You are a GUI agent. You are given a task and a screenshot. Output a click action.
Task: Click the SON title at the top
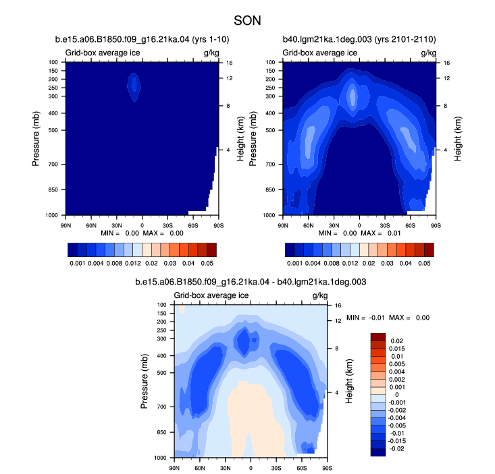tap(247, 21)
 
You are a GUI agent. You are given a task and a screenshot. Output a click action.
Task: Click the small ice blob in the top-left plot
tap(134, 87)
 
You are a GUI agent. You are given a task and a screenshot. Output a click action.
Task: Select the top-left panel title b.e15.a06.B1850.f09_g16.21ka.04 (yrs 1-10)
tap(142, 39)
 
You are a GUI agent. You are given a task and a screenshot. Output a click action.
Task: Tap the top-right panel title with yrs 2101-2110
tap(359, 39)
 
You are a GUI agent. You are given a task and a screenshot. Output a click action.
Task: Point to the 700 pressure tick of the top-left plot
tap(53, 165)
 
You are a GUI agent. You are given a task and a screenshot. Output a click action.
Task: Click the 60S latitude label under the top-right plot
tap(411, 226)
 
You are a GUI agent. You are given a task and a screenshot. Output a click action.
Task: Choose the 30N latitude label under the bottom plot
tap(225, 468)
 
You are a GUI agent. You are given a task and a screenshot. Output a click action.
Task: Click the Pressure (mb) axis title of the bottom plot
tap(144, 381)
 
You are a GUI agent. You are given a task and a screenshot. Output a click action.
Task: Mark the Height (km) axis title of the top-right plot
tap(458, 139)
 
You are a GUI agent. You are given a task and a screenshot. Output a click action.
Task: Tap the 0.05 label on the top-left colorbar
tap(207, 263)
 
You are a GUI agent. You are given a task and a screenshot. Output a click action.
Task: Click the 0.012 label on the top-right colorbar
tap(350, 263)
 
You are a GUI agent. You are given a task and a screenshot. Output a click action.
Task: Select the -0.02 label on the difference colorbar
tap(397, 448)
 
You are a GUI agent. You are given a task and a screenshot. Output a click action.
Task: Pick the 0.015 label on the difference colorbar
tap(397, 349)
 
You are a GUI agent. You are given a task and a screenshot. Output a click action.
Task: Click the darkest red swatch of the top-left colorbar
tap(212, 249)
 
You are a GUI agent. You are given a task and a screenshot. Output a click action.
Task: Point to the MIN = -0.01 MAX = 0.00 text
tap(388, 318)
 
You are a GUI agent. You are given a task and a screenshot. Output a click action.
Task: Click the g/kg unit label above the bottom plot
tap(320, 295)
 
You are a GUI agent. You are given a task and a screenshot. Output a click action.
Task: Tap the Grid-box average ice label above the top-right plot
tap(320, 53)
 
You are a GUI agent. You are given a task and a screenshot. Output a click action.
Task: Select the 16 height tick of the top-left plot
tap(229, 63)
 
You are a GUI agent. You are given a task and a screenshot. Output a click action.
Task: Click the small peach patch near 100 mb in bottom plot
tap(182, 309)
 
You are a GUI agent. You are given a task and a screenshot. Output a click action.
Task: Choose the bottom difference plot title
tap(251, 282)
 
